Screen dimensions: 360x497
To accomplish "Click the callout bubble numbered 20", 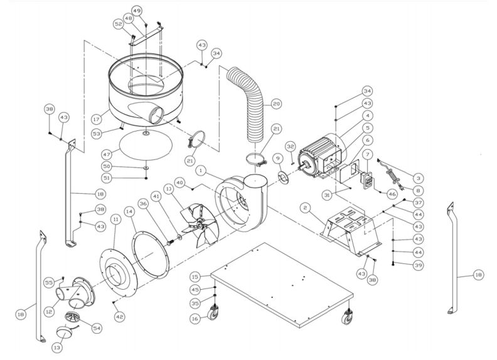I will (x=277, y=104).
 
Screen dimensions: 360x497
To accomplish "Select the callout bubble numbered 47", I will (x=107, y=154).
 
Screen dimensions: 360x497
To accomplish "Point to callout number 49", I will (x=137, y=11).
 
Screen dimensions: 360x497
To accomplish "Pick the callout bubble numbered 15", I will (x=196, y=276).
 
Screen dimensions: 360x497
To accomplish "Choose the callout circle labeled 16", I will (x=195, y=319).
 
